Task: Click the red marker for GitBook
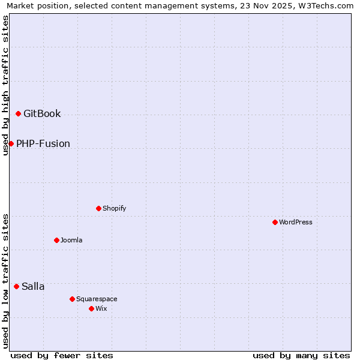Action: point(18,114)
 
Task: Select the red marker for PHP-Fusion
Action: point(11,143)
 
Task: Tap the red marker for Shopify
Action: point(98,208)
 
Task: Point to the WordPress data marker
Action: point(275,222)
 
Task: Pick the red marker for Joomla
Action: point(56,240)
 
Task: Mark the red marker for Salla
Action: point(16,286)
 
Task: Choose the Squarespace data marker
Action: point(72,299)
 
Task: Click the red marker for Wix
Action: point(91,308)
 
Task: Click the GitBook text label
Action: point(42,114)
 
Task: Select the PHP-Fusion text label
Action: point(43,143)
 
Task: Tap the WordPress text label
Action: point(296,222)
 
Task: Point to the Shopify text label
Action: point(115,208)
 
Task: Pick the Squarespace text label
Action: point(97,299)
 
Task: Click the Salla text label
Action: point(33,286)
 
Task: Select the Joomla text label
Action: point(71,240)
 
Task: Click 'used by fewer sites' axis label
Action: point(62,355)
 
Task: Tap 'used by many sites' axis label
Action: point(301,355)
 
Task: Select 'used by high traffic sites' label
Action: point(5,85)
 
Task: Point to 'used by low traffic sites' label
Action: point(5,280)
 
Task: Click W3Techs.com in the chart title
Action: point(325,5)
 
